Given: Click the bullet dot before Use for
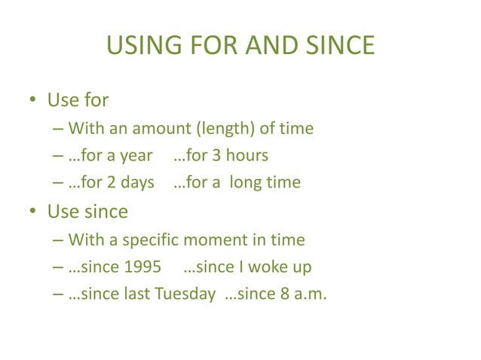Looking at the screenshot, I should [x=34, y=100].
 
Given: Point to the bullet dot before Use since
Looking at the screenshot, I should [x=34, y=212].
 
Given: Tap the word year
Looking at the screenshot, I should [x=136, y=156].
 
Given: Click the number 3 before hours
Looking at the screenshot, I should [x=215, y=156].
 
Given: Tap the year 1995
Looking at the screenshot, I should [x=144, y=267].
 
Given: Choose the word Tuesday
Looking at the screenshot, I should [x=185, y=294].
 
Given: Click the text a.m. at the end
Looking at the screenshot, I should [x=311, y=294].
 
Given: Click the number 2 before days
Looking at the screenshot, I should [x=112, y=182].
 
